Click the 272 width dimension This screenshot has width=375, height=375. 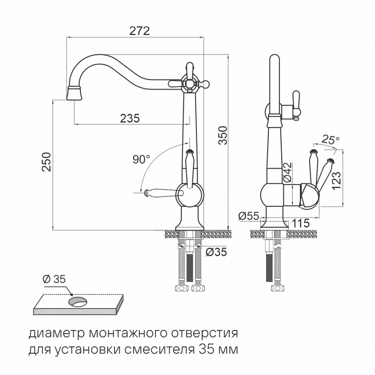click(x=139, y=31)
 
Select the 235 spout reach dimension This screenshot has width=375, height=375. click(x=130, y=118)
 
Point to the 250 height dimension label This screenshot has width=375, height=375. click(x=46, y=162)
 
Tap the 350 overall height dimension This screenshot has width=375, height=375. click(x=223, y=135)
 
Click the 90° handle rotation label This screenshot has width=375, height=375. click(x=141, y=159)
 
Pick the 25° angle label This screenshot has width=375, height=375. click(x=330, y=141)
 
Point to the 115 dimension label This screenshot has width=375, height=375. click(x=300, y=223)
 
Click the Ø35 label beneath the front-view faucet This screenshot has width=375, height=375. click(x=216, y=252)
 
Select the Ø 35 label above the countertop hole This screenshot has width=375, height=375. click(x=54, y=279)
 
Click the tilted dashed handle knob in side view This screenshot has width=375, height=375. click(x=330, y=162)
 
